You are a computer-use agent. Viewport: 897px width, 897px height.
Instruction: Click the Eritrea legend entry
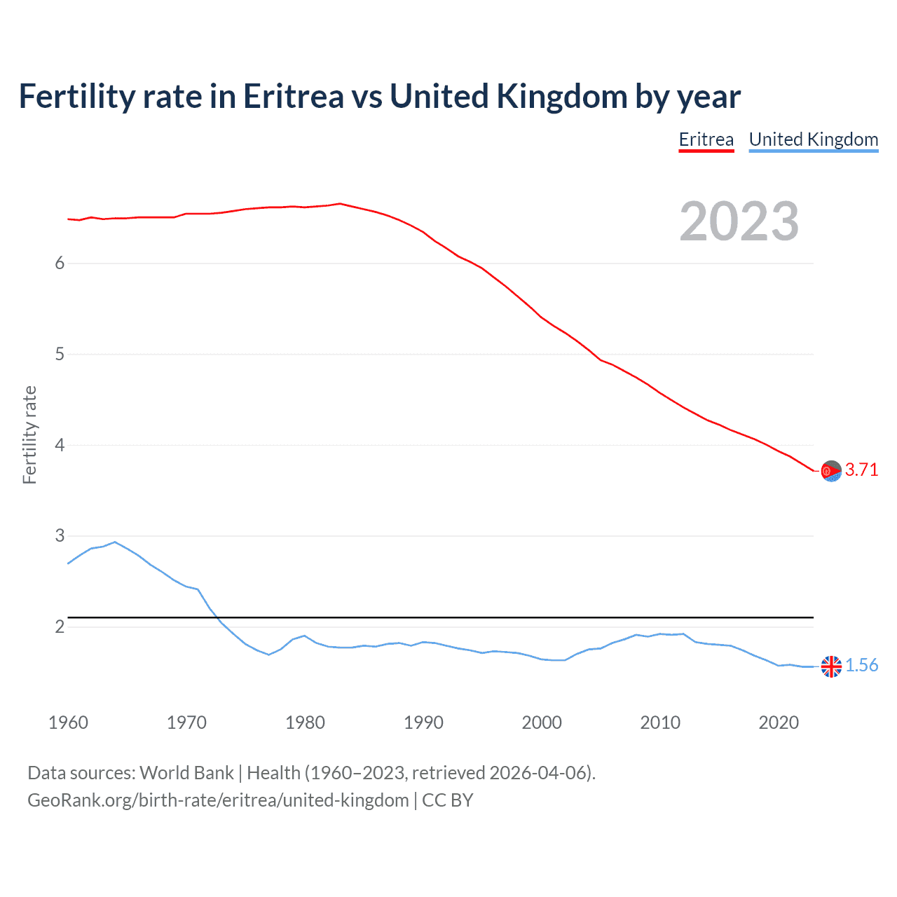pyautogui.click(x=706, y=139)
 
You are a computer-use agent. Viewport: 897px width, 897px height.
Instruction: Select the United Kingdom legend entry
pyautogui.click(x=813, y=139)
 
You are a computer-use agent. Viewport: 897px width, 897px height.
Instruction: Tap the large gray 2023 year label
pyautogui.click(x=739, y=221)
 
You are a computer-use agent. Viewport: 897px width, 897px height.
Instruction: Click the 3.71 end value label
pyautogui.click(x=861, y=470)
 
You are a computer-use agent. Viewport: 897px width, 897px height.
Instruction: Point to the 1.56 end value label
pyautogui.click(x=861, y=666)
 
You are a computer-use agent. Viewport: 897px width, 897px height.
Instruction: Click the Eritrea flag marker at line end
pyautogui.click(x=831, y=472)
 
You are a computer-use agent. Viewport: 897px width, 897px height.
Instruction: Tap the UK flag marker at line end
pyautogui.click(x=831, y=666)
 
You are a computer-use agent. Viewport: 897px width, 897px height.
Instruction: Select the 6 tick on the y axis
pyautogui.click(x=60, y=263)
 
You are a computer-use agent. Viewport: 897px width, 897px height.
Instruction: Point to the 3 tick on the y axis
pyautogui.click(x=60, y=536)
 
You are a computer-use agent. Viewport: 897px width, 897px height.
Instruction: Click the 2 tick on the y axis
pyautogui.click(x=60, y=626)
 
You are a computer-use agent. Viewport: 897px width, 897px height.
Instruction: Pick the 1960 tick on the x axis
pyautogui.click(x=68, y=723)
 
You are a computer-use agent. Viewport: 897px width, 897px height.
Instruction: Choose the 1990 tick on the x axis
pyautogui.click(x=423, y=723)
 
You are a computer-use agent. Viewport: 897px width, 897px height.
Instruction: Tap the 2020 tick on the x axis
pyautogui.click(x=779, y=723)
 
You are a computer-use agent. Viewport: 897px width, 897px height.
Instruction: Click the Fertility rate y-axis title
pyautogui.click(x=29, y=434)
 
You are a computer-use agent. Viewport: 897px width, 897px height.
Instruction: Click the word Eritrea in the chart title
pyautogui.click(x=293, y=97)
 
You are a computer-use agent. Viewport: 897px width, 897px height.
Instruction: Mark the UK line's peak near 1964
pyautogui.click(x=115, y=542)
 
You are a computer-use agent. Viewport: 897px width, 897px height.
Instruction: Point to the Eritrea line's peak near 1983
pyautogui.click(x=340, y=204)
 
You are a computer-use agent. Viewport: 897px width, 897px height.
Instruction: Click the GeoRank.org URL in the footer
pyautogui.click(x=218, y=800)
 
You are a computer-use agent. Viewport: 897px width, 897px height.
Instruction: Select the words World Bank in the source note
pyautogui.click(x=186, y=773)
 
